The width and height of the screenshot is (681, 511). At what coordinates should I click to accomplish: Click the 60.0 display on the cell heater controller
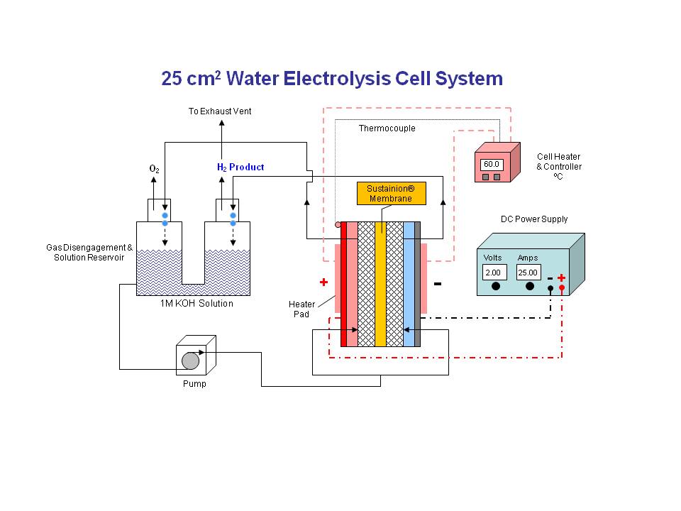click(492, 164)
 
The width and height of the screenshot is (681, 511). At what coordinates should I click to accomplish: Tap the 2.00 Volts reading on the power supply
click(494, 273)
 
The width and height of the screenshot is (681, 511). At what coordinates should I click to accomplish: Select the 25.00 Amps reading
click(528, 273)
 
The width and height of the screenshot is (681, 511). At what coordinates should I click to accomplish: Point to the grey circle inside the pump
click(190, 361)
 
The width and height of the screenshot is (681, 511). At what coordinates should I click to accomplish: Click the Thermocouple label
click(387, 128)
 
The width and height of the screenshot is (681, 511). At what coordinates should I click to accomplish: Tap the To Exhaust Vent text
click(220, 111)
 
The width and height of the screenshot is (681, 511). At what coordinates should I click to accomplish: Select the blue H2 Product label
click(240, 167)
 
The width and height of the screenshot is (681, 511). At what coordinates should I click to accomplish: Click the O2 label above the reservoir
click(154, 169)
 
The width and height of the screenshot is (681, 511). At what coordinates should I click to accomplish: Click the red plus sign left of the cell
click(323, 282)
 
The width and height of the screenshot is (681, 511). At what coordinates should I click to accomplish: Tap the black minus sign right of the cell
click(437, 284)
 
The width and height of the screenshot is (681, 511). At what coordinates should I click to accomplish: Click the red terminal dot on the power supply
click(561, 289)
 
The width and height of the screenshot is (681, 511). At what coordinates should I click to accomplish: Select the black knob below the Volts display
click(495, 287)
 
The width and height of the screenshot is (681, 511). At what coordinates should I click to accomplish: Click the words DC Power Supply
click(534, 219)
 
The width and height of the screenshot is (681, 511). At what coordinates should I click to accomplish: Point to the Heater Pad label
click(301, 309)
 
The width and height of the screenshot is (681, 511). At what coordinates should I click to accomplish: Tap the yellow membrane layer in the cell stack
click(380, 284)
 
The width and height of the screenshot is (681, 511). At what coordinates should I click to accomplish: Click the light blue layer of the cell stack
click(409, 284)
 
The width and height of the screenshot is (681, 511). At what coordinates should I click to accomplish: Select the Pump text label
click(190, 384)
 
